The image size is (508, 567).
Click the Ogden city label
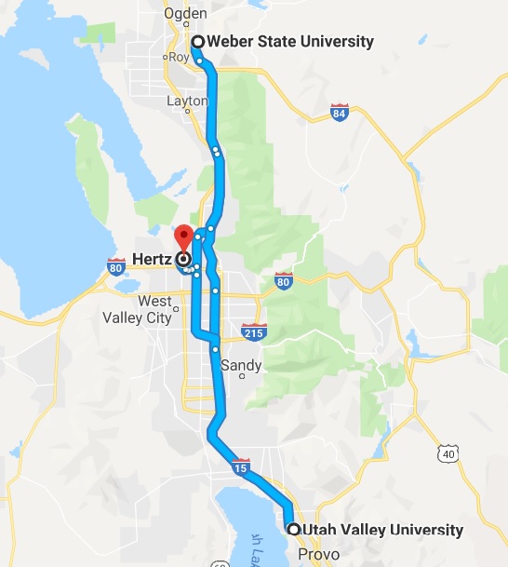click(184, 14)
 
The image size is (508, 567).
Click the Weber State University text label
click(290, 41)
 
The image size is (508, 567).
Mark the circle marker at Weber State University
click(197, 41)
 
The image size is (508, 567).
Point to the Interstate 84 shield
click(340, 114)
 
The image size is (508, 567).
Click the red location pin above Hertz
click(183, 237)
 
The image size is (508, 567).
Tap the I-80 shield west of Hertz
click(116, 265)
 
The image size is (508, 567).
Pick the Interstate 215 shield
click(252, 331)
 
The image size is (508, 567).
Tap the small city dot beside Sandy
click(243, 377)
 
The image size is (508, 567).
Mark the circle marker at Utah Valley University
click(293, 530)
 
